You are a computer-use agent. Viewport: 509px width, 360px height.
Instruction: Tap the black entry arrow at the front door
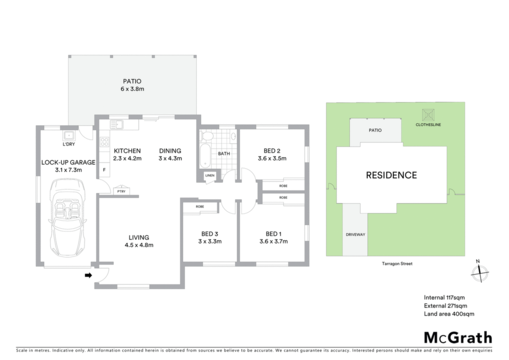(x=88, y=275)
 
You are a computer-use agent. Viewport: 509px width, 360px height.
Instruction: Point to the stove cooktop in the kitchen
(x=104, y=142)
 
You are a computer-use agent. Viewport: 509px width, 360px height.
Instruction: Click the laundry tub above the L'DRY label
(x=69, y=135)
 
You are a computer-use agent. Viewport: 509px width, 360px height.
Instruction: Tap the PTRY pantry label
(x=121, y=191)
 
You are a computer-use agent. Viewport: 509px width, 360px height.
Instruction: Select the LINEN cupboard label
(x=210, y=176)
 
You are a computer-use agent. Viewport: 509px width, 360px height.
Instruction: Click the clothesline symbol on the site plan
(x=428, y=115)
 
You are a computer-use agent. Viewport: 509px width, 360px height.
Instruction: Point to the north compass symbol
(x=480, y=272)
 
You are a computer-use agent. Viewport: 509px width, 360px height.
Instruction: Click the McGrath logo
(x=458, y=338)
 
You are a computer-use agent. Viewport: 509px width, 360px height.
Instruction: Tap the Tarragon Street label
(x=397, y=264)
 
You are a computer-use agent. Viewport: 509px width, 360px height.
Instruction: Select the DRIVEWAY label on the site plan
(x=355, y=234)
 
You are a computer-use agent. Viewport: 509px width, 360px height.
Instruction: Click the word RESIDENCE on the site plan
(x=392, y=176)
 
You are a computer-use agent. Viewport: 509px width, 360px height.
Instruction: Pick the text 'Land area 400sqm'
(x=449, y=314)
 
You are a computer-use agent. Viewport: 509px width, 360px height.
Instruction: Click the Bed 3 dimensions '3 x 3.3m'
(x=210, y=241)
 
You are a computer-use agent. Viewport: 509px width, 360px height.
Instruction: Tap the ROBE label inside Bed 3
(x=200, y=206)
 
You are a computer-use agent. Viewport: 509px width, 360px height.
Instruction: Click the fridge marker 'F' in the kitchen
(x=104, y=170)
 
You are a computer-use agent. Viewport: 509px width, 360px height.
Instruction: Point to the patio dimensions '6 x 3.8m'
(x=132, y=89)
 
